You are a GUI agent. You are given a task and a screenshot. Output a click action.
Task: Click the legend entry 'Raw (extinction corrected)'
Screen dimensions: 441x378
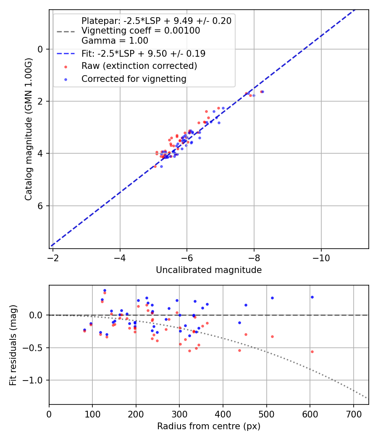tap(139, 66)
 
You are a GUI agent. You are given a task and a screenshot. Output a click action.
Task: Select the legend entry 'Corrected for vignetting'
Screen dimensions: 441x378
tap(134, 79)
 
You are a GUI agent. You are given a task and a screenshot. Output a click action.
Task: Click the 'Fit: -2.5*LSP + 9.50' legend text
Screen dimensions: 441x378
tap(143, 54)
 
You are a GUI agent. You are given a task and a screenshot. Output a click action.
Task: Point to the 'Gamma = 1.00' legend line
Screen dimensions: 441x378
tap(115, 41)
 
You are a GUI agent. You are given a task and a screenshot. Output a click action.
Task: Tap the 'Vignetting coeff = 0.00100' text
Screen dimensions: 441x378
tap(141, 31)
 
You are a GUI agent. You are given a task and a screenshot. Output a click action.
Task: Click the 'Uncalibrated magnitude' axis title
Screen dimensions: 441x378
tap(209, 270)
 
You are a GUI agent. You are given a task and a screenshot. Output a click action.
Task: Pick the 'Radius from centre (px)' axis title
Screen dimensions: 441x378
tap(209, 426)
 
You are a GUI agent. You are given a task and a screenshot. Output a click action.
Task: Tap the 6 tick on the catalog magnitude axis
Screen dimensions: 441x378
tap(40, 206)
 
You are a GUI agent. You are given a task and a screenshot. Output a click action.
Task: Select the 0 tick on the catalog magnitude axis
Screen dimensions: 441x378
tap(40, 49)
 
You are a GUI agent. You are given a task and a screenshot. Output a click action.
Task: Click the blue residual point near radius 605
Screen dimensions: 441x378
tap(312, 297)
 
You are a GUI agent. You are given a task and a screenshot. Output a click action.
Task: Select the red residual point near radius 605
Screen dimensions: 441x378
tap(312, 352)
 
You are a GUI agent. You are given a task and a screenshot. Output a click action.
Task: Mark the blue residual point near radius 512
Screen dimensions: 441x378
tap(272, 298)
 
